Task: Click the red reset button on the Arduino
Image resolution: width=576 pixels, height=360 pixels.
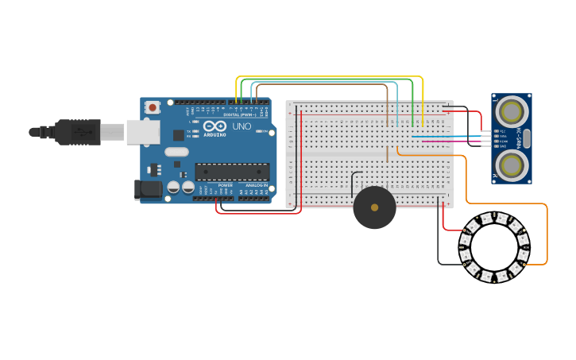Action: [x=152, y=106]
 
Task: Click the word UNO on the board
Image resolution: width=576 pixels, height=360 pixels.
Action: [x=241, y=126]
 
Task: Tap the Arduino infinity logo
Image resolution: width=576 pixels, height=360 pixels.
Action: [x=215, y=126]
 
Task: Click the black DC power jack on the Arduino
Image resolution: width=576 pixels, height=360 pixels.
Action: [x=147, y=189]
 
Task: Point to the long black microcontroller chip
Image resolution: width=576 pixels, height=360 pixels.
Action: [x=232, y=172]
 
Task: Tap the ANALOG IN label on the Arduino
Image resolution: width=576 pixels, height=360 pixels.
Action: [x=254, y=185]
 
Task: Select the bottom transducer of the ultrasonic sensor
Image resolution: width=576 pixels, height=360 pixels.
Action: [x=512, y=166]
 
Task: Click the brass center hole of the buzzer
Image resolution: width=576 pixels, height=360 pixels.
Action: [x=374, y=207]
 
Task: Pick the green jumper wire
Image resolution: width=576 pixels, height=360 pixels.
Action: [x=334, y=80]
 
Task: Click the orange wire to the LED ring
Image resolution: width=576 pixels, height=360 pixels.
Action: [x=547, y=230]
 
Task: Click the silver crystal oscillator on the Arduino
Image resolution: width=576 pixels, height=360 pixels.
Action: [x=176, y=152]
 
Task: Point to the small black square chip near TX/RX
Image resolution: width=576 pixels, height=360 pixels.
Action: [x=179, y=135]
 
